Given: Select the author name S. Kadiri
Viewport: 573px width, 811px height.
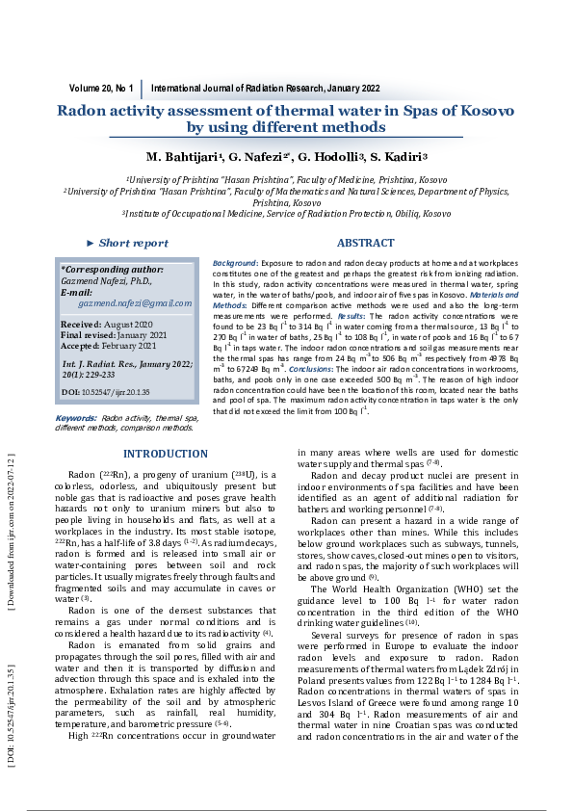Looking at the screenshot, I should click(x=398, y=157).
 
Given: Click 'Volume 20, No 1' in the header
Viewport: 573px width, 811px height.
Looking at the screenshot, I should click(x=101, y=89).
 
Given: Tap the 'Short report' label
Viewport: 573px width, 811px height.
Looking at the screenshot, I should click(x=133, y=244).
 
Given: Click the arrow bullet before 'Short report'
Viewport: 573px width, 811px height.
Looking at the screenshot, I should click(x=91, y=244).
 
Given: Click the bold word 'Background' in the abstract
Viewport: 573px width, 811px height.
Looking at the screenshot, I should click(x=234, y=263).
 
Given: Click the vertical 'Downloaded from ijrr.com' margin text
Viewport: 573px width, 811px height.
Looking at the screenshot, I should click(x=11, y=539).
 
